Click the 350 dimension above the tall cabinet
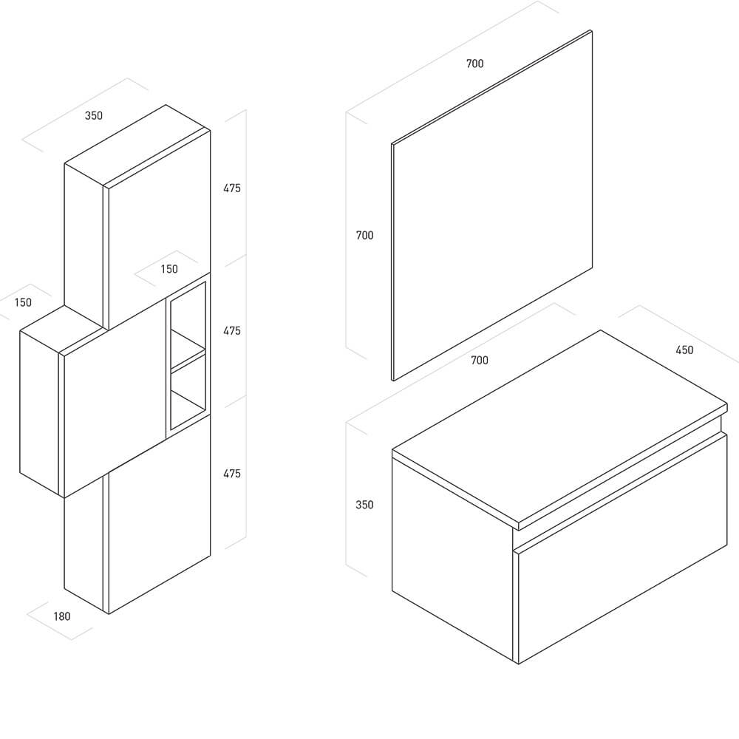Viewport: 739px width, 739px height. [x=93, y=115]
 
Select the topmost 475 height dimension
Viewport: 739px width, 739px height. [x=232, y=188]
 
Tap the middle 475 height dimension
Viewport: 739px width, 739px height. [x=232, y=331]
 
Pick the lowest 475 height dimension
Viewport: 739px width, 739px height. [x=232, y=474]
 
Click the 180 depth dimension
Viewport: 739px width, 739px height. [x=62, y=616]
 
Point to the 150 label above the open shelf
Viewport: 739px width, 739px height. [x=169, y=269]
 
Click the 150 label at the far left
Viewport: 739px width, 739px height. [x=23, y=302]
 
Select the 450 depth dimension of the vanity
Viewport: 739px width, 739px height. [x=684, y=350]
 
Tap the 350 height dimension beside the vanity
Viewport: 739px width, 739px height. [x=364, y=505]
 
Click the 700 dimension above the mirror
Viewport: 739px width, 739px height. [x=474, y=64]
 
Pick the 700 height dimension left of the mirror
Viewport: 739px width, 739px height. [x=364, y=235]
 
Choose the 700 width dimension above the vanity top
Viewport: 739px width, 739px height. [x=480, y=361]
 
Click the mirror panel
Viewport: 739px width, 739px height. [x=492, y=205]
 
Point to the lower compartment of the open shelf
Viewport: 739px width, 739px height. [x=188, y=391]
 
